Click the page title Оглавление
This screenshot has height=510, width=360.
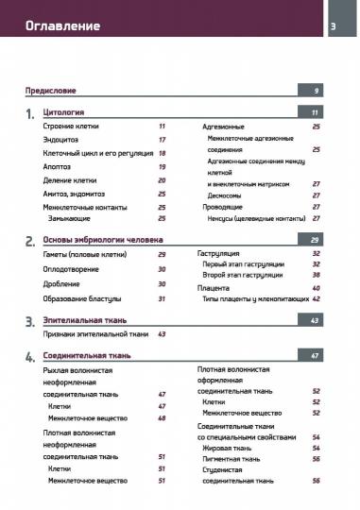click(x=62, y=25)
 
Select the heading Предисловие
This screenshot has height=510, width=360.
click(x=51, y=91)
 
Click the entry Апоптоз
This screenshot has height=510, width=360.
click(x=57, y=166)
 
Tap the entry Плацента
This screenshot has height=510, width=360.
click(x=214, y=287)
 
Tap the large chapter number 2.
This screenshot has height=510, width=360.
click(x=30, y=242)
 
